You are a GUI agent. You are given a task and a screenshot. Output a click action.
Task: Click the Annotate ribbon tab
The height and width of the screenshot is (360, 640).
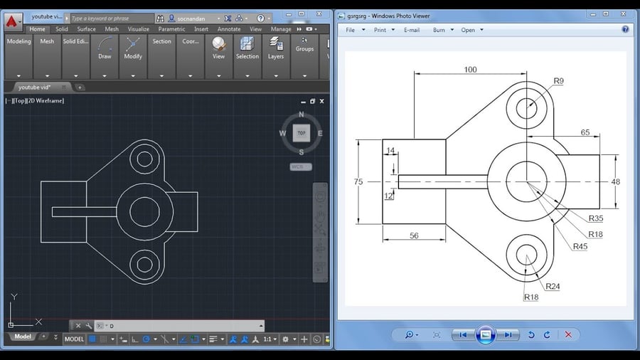point(229,29)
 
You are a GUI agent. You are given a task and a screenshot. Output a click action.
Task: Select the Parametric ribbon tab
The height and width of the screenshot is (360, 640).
point(171,29)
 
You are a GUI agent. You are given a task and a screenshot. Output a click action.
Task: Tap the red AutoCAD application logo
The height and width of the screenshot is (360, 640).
point(14,21)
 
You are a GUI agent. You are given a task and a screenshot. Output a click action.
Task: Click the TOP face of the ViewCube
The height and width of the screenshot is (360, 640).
point(302,133)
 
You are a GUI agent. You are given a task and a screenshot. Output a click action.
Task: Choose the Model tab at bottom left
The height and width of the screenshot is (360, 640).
point(23,337)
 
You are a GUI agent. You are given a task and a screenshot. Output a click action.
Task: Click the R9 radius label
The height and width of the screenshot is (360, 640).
point(558,81)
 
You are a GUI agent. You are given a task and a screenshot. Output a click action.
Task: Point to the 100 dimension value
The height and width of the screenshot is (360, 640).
point(470,70)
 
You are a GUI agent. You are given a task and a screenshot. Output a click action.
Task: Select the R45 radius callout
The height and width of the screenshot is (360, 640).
point(580,246)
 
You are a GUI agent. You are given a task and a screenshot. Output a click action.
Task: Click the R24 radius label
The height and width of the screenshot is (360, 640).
point(553,287)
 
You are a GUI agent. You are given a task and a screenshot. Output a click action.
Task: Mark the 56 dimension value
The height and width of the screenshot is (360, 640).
point(414,235)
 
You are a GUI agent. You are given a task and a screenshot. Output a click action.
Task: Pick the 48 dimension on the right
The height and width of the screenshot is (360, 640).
point(615,182)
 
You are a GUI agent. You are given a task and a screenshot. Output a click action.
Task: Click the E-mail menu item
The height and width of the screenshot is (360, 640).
point(412,30)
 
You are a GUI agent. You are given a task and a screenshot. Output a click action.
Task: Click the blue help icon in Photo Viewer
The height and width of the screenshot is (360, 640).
point(625,30)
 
